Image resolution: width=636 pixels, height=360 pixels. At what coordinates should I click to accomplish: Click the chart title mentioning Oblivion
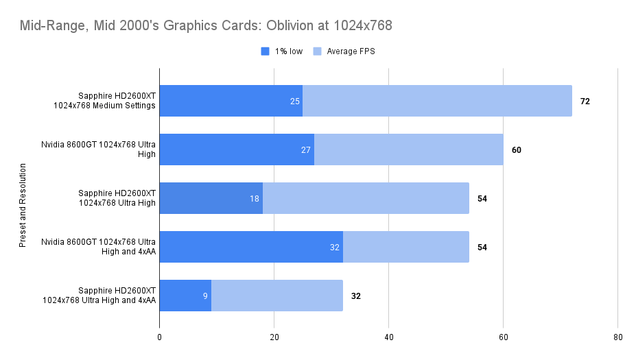[205, 26]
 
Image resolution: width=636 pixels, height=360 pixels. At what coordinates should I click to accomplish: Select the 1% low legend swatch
[266, 51]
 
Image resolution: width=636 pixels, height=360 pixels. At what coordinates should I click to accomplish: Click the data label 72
[585, 101]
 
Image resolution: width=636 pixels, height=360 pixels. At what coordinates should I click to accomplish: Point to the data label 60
[516, 149]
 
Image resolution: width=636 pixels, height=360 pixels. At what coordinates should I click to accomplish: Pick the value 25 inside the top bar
[295, 101]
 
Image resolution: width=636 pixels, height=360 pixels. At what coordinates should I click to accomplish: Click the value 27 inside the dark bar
[306, 149]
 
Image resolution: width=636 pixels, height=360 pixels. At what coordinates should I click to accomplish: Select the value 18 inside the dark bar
[255, 199]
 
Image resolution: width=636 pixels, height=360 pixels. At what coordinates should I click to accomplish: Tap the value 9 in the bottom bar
[205, 296]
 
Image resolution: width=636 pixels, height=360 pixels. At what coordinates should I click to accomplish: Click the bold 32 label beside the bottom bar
[355, 296]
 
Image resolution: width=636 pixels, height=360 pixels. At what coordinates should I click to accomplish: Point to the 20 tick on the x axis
[274, 337]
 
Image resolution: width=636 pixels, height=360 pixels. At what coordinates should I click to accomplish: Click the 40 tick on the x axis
[388, 337]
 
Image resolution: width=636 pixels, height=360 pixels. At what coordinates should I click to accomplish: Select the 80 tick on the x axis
[617, 337]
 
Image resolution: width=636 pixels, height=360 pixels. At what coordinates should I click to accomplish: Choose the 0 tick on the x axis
[160, 337]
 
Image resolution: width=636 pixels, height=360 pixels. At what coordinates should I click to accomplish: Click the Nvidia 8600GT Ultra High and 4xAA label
[99, 247]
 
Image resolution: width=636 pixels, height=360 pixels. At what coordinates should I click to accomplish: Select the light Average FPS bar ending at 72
[437, 101]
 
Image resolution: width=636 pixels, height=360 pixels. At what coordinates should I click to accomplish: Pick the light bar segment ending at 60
[408, 149]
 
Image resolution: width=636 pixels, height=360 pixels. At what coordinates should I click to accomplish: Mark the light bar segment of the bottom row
[276, 296]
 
